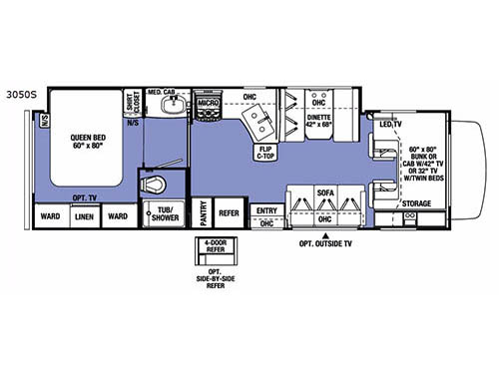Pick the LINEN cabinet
click(84, 217)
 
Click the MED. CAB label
click(162, 93)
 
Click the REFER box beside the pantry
click(230, 212)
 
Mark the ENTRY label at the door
click(266, 210)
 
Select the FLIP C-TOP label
click(266, 152)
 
